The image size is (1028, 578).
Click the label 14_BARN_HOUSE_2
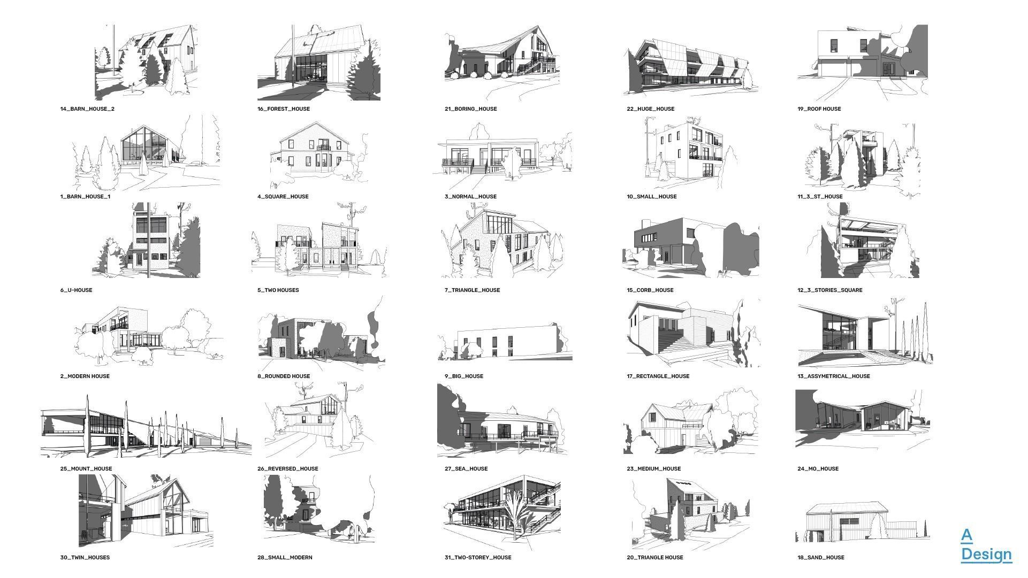tap(87, 109)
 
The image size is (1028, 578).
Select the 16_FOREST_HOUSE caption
tap(284, 109)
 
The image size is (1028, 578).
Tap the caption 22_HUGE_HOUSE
tap(651, 109)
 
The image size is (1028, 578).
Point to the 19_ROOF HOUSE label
tap(819, 109)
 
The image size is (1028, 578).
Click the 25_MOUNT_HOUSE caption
tap(86, 469)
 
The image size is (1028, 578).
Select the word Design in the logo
tap(986, 555)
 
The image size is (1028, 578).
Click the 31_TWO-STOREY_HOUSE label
tap(478, 558)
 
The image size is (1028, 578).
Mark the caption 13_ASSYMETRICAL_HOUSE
tap(834, 376)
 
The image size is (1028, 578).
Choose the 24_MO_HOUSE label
tap(818, 469)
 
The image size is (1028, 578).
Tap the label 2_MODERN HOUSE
tap(85, 376)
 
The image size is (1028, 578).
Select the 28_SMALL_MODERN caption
tap(285, 558)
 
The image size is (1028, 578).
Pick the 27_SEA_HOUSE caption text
tap(466, 469)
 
